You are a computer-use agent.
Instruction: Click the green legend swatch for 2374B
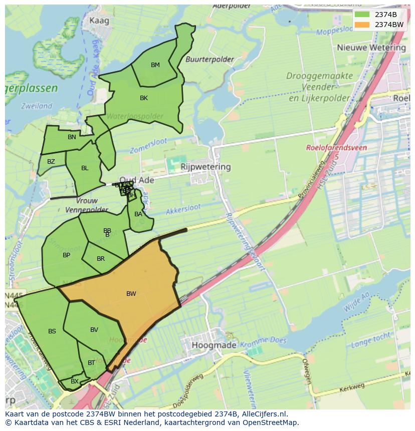point(361,15)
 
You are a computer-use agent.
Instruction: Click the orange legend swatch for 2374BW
point(361,25)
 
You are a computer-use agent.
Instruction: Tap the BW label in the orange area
point(131,294)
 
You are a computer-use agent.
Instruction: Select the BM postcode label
point(155,65)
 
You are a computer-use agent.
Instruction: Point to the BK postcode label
point(144,98)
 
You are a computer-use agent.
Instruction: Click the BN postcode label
point(72,137)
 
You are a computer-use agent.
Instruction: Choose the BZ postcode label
point(51,162)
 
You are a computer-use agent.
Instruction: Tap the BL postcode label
point(85,168)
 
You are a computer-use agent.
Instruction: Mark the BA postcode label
point(138,214)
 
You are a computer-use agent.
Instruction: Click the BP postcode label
point(66,255)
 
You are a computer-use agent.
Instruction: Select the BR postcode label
point(101,259)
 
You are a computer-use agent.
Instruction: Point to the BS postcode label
point(52,331)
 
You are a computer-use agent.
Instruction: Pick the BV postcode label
point(94,330)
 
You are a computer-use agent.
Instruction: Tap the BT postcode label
point(91,363)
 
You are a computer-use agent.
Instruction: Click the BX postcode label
point(75,381)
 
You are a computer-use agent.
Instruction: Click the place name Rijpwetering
point(205,167)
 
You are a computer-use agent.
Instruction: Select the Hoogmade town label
point(215,345)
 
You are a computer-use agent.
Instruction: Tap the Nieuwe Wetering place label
point(371,48)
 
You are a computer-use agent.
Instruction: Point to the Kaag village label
point(99,21)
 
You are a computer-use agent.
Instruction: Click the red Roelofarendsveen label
point(336,148)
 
